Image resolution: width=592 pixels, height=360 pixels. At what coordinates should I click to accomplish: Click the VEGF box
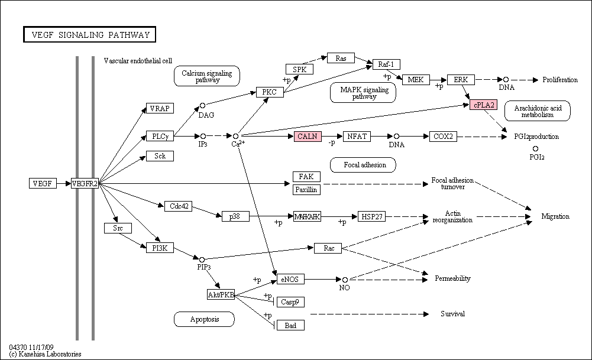[x=43, y=183]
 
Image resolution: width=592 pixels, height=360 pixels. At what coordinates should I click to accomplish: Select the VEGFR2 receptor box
[x=85, y=183]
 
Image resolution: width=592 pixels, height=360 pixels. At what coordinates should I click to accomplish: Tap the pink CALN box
[x=308, y=136]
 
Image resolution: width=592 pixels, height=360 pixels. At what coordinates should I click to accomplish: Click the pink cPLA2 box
[x=484, y=105]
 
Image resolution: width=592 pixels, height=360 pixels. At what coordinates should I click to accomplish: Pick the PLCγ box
[x=160, y=136]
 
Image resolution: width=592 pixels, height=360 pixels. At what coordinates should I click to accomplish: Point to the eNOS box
[x=290, y=279]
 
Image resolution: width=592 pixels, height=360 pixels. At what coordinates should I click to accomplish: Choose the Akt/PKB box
[x=221, y=294]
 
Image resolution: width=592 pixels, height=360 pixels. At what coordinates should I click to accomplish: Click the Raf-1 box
[x=386, y=64]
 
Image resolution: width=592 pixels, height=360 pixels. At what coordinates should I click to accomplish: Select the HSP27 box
[x=372, y=216]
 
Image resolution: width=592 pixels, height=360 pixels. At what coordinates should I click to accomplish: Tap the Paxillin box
[x=306, y=189]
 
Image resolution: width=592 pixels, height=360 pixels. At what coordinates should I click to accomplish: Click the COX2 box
[x=443, y=136]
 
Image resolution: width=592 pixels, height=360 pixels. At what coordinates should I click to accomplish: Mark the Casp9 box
[x=290, y=302]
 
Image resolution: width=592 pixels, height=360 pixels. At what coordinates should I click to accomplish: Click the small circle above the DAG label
[x=202, y=106]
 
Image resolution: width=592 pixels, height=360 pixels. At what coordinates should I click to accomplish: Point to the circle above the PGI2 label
[x=535, y=149]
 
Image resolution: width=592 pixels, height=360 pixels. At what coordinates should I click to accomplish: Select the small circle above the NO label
[x=345, y=280]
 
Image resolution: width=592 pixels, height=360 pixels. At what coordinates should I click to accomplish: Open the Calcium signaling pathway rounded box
[x=207, y=76]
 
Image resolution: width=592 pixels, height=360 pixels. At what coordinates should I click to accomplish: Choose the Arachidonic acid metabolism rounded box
[x=537, y=111]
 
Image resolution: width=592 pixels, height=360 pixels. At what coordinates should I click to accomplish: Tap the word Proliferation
[x=560, y=80]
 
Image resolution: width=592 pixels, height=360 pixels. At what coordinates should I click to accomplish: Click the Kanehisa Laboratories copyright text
[x=46, y=354]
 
